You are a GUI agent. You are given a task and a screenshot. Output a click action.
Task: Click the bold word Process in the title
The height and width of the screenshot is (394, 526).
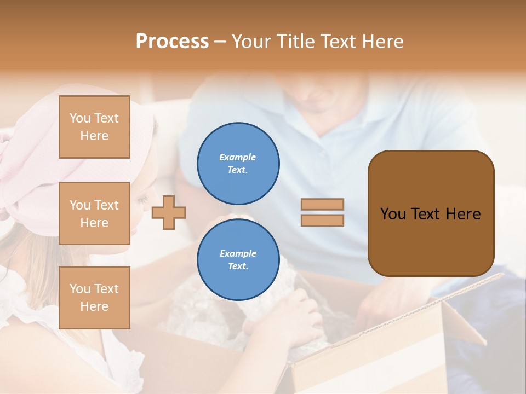[172, 42]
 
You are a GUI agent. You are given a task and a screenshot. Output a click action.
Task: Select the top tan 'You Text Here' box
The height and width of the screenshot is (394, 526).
[94, 127]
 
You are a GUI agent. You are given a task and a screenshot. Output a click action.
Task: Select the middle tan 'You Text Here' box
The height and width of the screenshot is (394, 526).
[94, 213]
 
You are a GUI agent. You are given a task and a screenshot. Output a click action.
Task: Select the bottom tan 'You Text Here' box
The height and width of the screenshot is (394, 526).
[94, 297]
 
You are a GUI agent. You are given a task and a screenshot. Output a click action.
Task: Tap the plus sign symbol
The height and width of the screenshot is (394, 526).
[169, 212]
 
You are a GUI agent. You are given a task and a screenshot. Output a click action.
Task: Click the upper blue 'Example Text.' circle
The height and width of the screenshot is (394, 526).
[238, 164]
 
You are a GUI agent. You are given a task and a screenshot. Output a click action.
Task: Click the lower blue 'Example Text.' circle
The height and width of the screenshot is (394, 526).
[238, 260]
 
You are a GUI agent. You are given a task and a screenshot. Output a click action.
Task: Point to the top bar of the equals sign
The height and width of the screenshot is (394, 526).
[322, 204]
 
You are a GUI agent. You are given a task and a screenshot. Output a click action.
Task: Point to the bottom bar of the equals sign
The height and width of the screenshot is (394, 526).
[322, 220]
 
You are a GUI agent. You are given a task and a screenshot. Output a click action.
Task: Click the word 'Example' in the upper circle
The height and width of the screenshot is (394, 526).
[238, 157]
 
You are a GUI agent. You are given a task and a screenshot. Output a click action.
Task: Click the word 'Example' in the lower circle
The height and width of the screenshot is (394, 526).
[238, 253]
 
